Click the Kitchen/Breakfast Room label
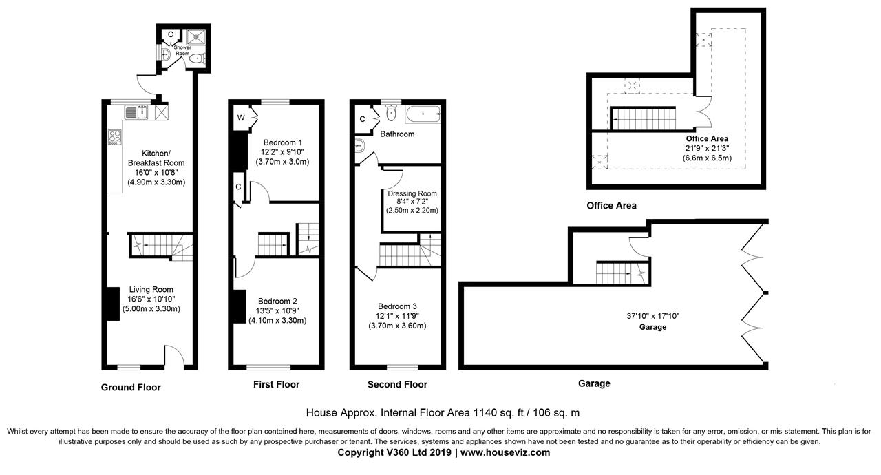(x=156, y=158)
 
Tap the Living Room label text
(x=151, y=290)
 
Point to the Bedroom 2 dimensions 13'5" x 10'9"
(x=277, y=310)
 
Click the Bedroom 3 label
(x=397, y=306)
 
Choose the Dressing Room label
(x=412, y=193)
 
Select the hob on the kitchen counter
(x=115, y=136)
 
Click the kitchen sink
(x=140, y=111)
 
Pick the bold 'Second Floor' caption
(x=397, y=385)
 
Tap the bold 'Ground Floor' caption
(x=131, y=388)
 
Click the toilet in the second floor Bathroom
(x=392, y=112)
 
